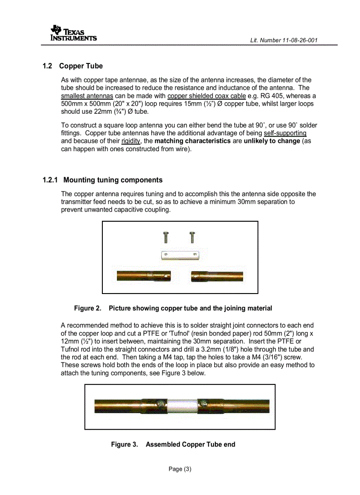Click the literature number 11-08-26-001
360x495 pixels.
(x=284, y=41)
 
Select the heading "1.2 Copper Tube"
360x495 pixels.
(x=73, y=66)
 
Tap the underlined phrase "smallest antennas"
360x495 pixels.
(x=87, y=96)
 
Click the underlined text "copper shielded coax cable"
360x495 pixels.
(x=206, y=96)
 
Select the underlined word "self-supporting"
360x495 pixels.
(x=285, y=133)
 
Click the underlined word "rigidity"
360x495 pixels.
(x=131, y=141)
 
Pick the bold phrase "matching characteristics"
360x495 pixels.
(x=192, y=141)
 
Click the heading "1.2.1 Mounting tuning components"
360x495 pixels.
(x=102, y=180)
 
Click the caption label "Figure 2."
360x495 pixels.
(x=87, y=309)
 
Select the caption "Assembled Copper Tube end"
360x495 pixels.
(x=190, y=445)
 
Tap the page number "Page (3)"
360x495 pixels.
(x=180, y=469)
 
